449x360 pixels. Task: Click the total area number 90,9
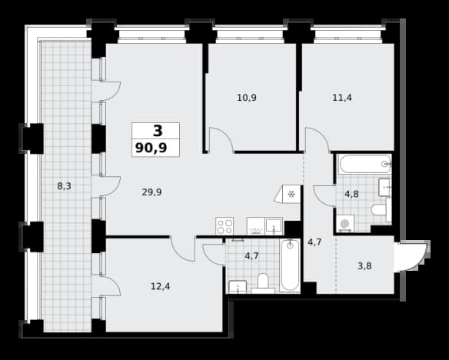pyautogui.click(x=151, y=148)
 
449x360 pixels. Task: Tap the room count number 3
pyautogui.click(x=158, y=131)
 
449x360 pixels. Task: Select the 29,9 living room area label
pyautogui.click(x=151, y=192)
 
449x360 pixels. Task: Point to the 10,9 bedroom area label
pyautogui.click(x=247, y=98)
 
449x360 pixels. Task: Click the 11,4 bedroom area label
pyautogui.click(x=342, y=98)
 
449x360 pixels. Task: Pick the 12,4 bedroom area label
pyautogui.click(x=161, y=286)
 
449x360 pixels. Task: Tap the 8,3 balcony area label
pyautogui.click(x=64, y=186)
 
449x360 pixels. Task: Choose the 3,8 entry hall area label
pyautogui.click(x=364, y=266)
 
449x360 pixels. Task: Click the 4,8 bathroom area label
pyautogui.click(x=351, y=194)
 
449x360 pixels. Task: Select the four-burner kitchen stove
pyautogui.click(x=224, y=226)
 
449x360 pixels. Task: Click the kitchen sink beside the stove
pyautogui.click(x=274, y=225)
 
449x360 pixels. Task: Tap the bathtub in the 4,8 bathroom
pyautogui.click(x=364, y=164)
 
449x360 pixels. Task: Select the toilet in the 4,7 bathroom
pyautogui.click(x=263, y=283)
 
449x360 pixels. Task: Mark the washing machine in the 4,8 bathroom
pyautogui.click(x=345, y=224)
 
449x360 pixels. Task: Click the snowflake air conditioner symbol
pyautogui.click(x=291, y=195)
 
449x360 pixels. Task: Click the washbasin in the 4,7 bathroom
pyautogui.click(x=238, y=287)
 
